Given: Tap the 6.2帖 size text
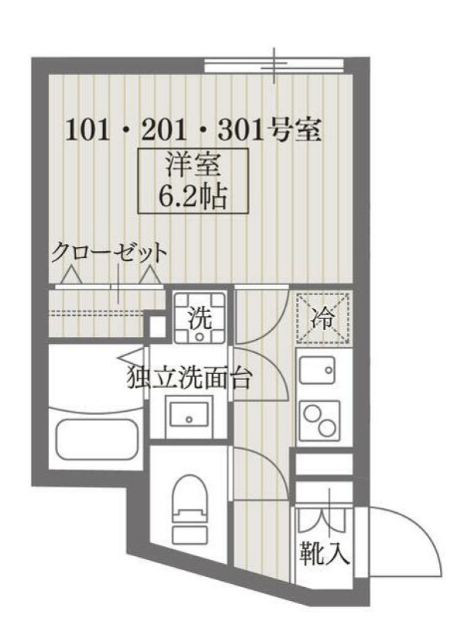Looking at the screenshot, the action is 193,195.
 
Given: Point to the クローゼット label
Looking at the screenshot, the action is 109,253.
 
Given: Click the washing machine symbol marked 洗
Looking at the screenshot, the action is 200,317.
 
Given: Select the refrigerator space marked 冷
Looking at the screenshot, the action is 323,318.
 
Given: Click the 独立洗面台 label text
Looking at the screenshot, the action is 189,378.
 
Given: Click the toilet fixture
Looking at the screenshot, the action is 190,505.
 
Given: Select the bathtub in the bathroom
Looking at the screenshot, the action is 96,440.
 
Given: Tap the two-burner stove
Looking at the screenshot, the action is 320,420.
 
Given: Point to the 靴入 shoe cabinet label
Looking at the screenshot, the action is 324,553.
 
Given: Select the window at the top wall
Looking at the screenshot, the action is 275,66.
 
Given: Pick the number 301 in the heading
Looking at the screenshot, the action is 241,131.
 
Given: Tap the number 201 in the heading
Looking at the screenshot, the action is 163,131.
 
